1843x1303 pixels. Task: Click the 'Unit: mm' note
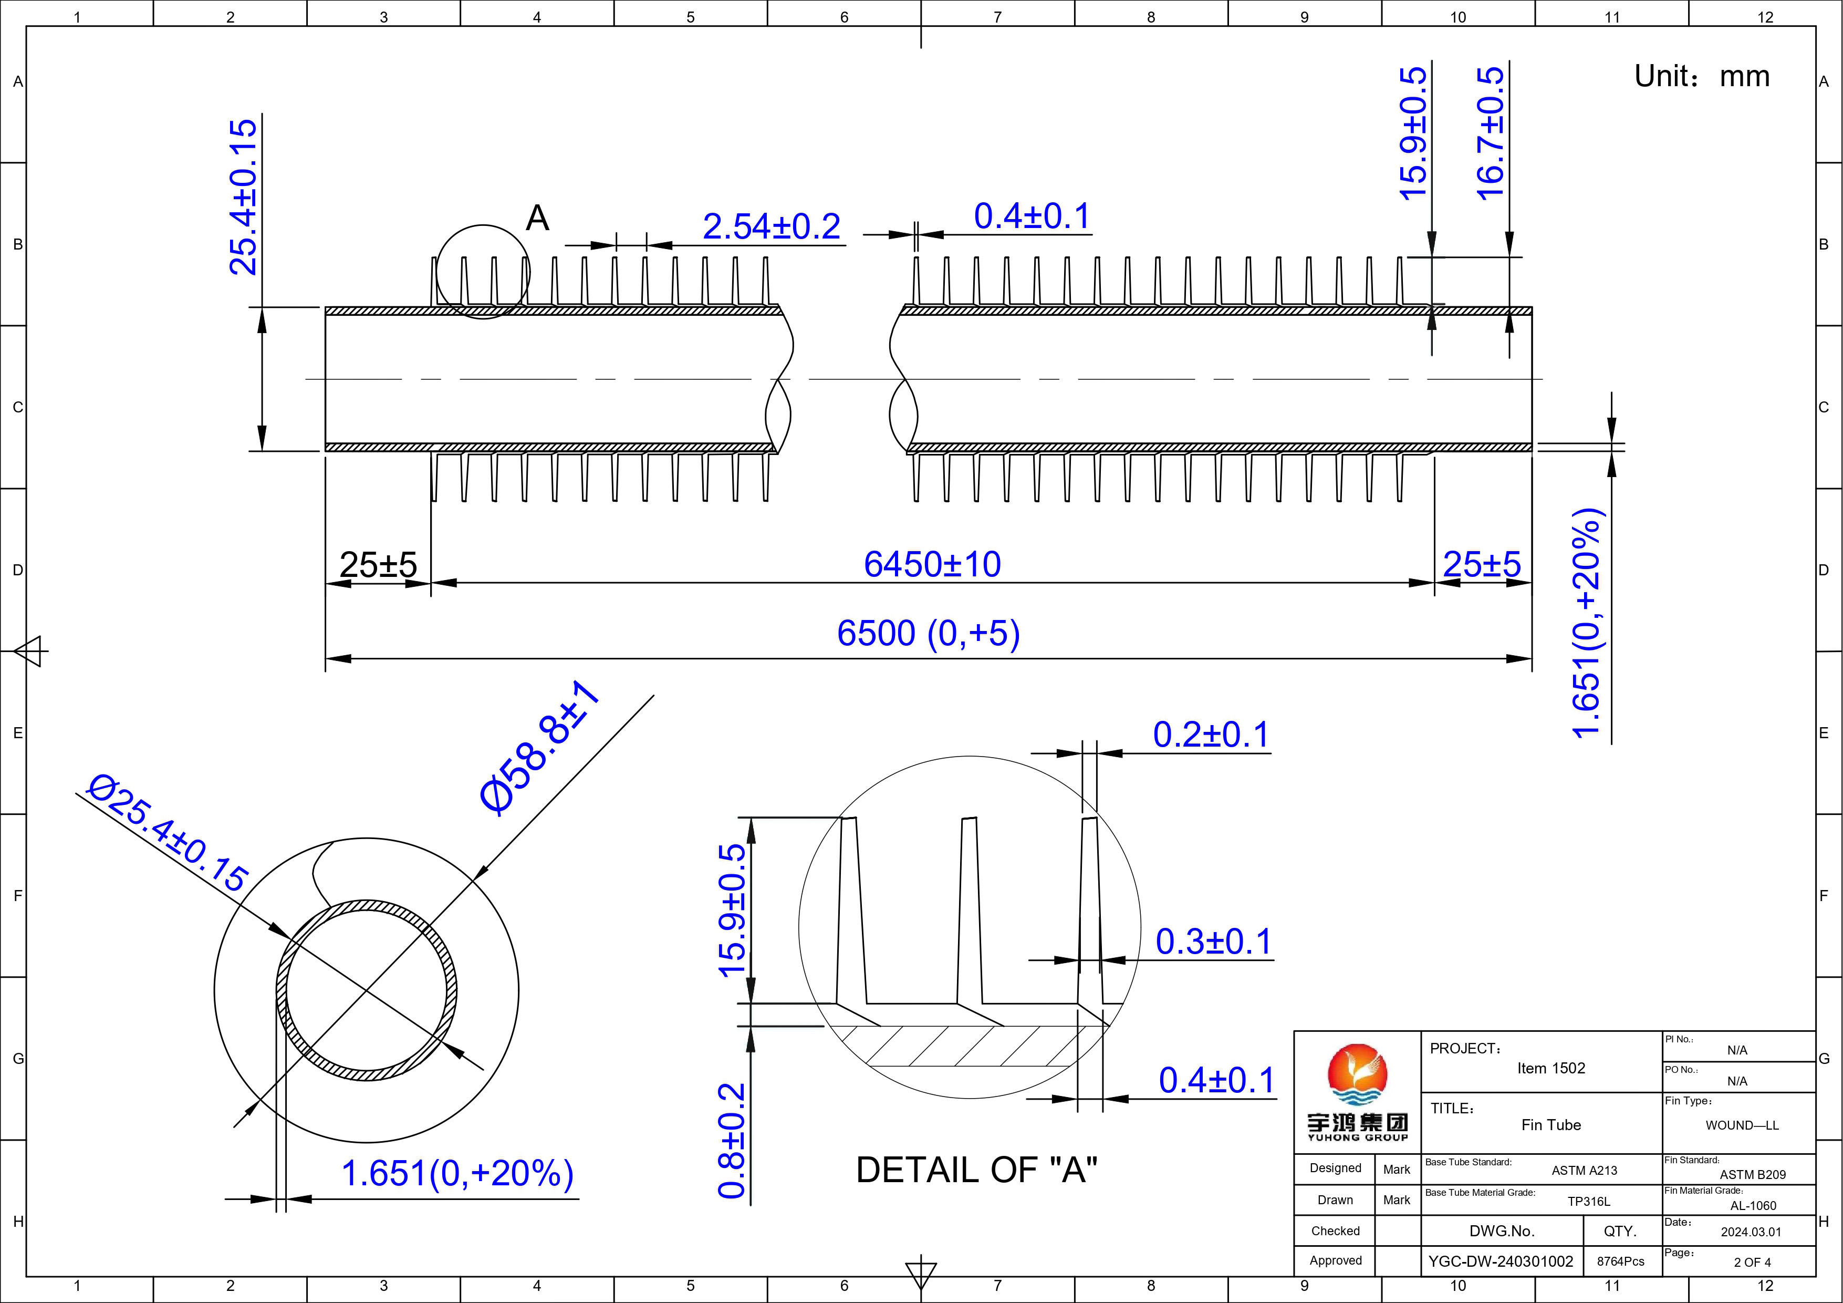coord(1702,76)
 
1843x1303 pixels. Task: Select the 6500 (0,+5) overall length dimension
coord(929,634)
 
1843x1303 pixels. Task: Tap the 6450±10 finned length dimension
coord(932,564)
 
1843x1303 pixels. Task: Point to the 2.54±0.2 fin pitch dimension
coord(772,226)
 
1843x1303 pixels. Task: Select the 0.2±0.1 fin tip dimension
coord(1211,735)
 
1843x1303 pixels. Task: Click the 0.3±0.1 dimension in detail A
coord(1214,942)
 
